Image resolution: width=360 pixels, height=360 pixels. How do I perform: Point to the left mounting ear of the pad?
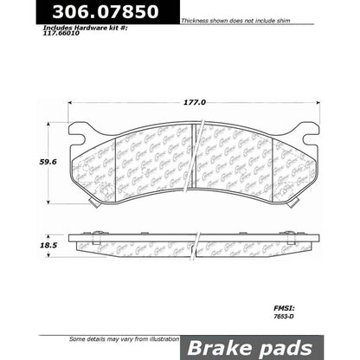pyautogui.click(x=80, y=134)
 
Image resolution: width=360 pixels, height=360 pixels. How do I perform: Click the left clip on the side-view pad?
pyautogui.click(x=97, y=235)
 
